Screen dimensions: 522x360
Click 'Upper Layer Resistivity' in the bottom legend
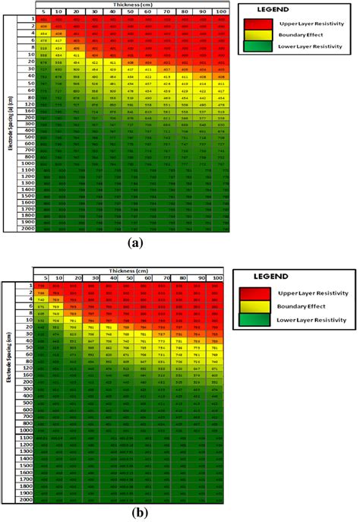(318, 293)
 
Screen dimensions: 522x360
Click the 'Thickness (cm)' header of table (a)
(133, 5)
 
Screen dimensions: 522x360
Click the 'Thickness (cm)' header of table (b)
(131, 270)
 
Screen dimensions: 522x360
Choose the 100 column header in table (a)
(220, 11)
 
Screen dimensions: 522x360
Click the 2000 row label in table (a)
(28, 227)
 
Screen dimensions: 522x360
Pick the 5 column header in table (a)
(44, 11)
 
